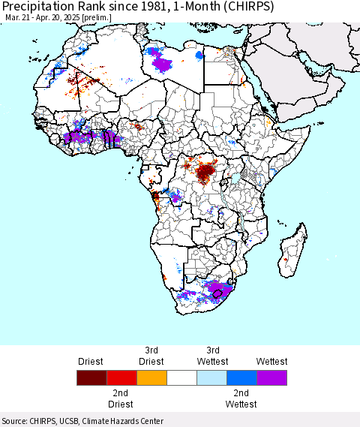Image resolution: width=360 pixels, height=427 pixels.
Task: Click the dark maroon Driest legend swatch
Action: click(91, 377)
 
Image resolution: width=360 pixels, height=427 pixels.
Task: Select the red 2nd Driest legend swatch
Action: click(122, 377)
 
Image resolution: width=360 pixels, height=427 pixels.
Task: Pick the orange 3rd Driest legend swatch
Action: click(151, 377)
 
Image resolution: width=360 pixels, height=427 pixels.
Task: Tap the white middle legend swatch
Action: click(181, 377)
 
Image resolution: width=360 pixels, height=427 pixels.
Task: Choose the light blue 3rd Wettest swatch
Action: click(211, 377)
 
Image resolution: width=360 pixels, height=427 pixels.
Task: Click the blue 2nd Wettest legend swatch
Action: click(242, 377)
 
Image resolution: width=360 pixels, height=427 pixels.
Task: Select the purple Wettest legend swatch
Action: click(271, 377)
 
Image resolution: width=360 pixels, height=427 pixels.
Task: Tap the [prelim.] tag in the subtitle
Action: click(96, 18)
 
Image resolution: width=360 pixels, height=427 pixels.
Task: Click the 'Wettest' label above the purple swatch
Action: click(271, 362)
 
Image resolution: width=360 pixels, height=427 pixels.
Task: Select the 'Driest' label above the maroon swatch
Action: click(90, 362)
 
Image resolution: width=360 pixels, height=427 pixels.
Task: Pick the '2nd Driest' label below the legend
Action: click(120, 398)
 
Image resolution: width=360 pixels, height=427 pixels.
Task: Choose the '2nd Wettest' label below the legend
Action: click(241, 398)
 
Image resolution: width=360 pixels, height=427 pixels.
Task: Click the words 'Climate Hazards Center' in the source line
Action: click(123, 421)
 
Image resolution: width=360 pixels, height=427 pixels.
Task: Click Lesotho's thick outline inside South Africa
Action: click(217, 293)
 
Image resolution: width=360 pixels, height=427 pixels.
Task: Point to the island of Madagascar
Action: click(292, 251)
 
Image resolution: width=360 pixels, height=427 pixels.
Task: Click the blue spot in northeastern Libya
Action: click(199, 56)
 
